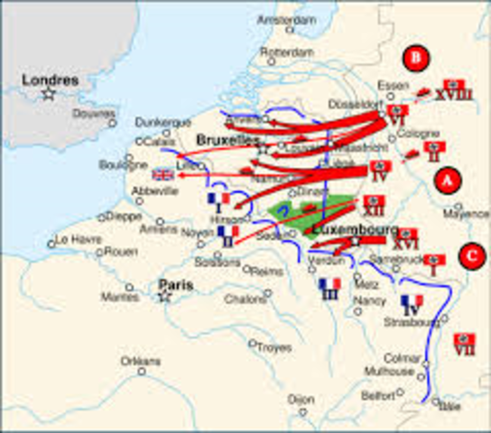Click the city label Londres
click(51, 79)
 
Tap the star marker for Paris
click(165, 296)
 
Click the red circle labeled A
click(443, 180)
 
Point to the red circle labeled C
click(469, 255)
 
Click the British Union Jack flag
click(163, 175)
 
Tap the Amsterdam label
click(284, 19)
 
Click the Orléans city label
click(142, 361)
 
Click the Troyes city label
click(275, 346)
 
